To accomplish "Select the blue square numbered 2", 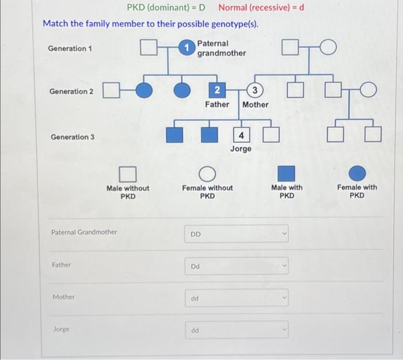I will [x=216, y=90].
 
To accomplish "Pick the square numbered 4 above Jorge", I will [x=241, y=135].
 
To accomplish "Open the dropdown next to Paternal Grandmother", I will [x=236, y=234].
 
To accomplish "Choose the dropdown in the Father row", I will [x=236, y=267].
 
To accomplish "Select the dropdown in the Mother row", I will [x=236, y=298].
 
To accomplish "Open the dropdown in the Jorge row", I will [x=236, y=330].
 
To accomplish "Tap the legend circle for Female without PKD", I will [x=207, y=173].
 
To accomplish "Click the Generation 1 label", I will [x=70, y=48].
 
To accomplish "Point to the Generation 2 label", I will [x=71, y=92].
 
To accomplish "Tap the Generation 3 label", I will [x=73, y=137].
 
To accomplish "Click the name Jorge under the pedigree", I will [x=241, y=149].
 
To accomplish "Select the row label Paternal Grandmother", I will [x=84, y=232].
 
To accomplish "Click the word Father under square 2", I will [x=217, y=104].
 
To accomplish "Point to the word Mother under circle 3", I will [x=255, y=104].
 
